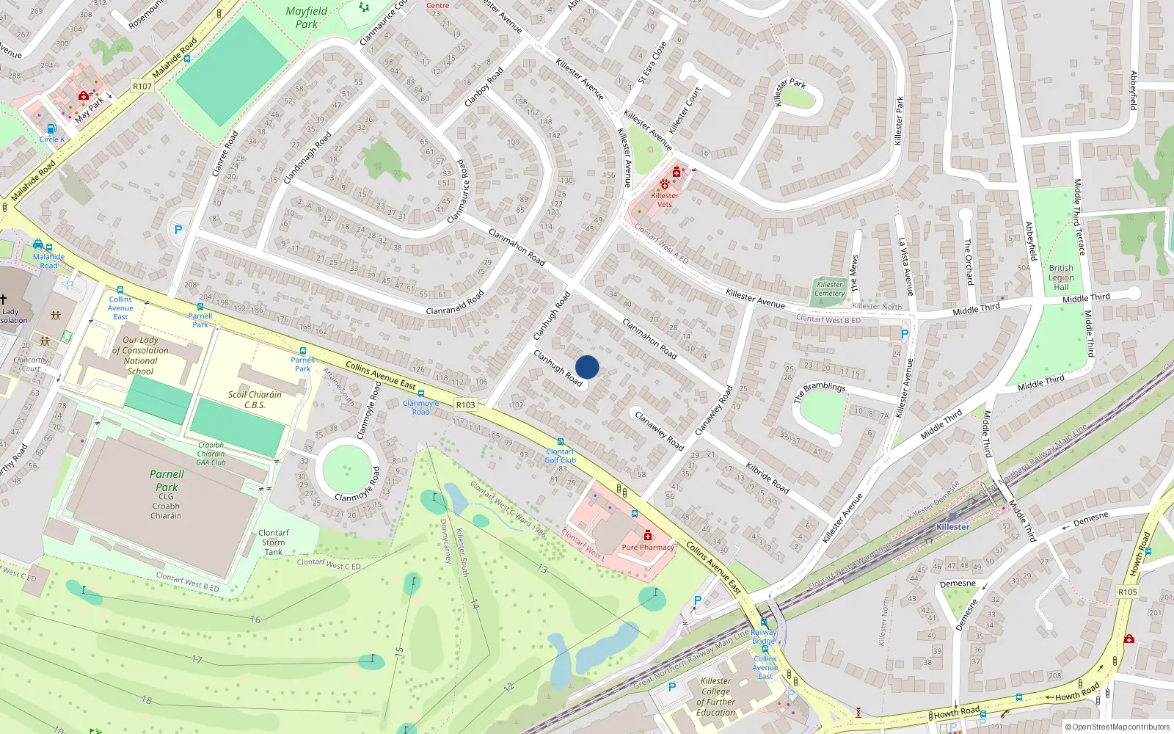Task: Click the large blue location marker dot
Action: (x=587, y=367)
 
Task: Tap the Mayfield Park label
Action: (x=307, y=18)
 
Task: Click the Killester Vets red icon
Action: (x=676, y=172)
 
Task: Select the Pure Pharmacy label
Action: (x=648, y=547)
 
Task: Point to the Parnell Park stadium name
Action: (x=167, y=481)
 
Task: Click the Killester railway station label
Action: (x=952, y=527)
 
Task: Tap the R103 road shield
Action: (x=465, y=404)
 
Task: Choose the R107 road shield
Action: (x=142, y=87)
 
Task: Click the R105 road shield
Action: (x=1128, y=592)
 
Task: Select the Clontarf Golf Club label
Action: (x=560, y=456)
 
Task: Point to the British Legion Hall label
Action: (x=1061, y=277)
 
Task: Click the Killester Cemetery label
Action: (x=829, y=289)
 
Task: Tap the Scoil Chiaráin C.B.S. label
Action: (x=255, y=399)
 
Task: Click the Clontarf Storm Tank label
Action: (x=273, y=542)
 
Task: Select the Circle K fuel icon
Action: (x=51, y=128)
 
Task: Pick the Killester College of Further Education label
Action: (x=715, y=697)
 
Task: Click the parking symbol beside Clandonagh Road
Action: (x=178, y=230)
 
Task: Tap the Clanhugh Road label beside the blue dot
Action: (x=558, y=368)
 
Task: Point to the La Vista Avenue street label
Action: (x=907, y=266)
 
